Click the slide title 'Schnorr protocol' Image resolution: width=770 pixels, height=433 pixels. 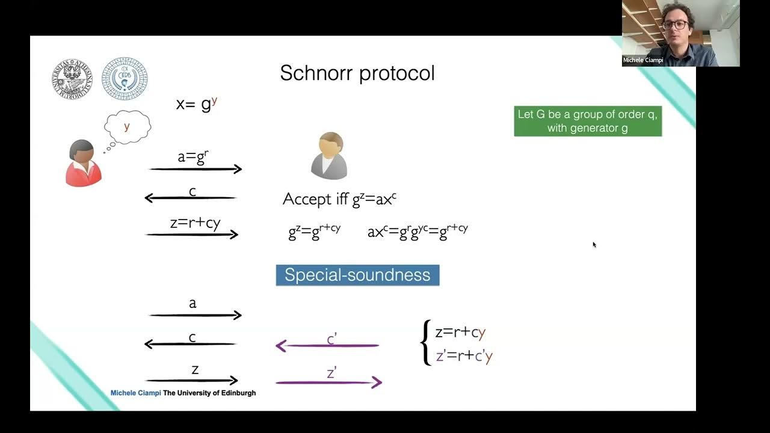click(357, 73)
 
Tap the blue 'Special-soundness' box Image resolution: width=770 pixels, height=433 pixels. click(357, 275)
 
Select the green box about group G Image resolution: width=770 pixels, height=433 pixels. click(588, 121)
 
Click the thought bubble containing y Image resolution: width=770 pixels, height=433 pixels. click(127, 126)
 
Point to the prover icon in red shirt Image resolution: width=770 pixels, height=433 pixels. click(83, 163)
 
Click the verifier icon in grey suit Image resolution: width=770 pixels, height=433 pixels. click(329, 156)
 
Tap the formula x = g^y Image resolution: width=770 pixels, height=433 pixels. click(196, 103)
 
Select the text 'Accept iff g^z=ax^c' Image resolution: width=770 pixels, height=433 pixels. click(339, 199)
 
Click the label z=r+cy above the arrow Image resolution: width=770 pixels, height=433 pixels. click(195, 223)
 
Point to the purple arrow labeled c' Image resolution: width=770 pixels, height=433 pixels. click(328, 345)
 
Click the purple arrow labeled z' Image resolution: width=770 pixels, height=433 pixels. click(328, 382)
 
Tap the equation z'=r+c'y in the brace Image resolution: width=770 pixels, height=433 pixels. click(464, 356)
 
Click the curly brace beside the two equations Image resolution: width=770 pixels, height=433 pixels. click(425, 343)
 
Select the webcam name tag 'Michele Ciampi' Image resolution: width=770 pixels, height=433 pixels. click(643, 60)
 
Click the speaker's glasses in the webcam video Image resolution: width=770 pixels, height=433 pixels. click(676, 25)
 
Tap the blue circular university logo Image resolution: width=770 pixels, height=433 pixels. click(125, 79)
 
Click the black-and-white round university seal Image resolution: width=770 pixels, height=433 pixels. click(72, 78)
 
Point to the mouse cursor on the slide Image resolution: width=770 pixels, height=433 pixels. click(594, 244)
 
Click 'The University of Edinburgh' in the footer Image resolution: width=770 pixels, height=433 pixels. click(209, 393)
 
